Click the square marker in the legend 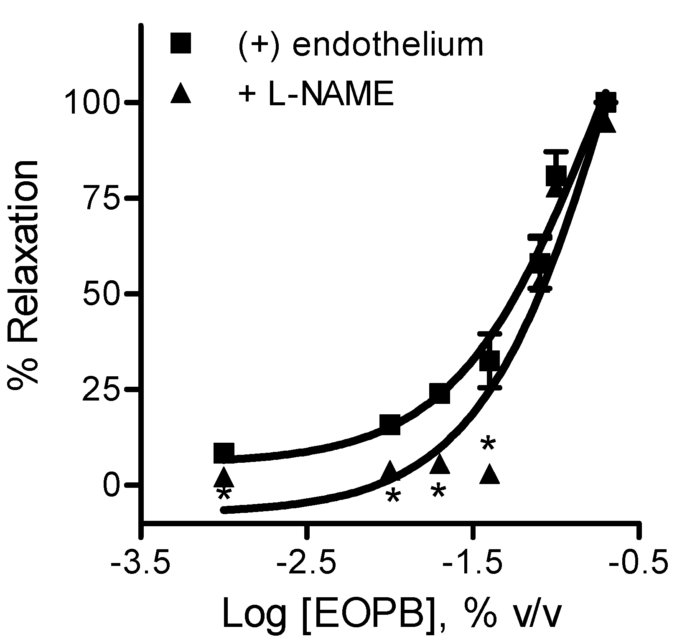[181, 43]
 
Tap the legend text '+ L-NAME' [316, 94]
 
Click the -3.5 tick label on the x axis [141, 567]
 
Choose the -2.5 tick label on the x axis [306, 567]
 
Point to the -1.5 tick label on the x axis [471, 567]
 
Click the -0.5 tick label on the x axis [636, 567]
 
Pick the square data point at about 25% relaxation [439, 393]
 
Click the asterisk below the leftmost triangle [224, 495]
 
